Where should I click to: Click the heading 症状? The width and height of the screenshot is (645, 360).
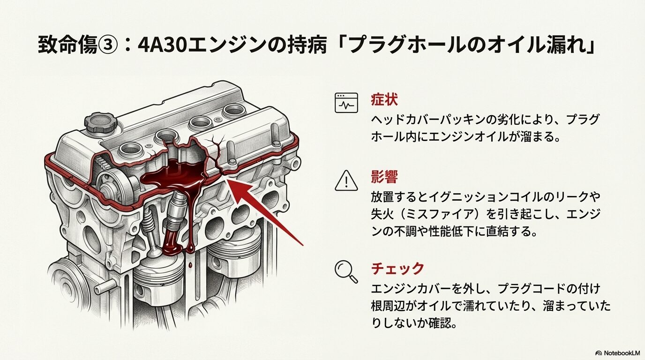click(384, 100)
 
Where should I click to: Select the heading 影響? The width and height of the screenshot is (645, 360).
click(384, 178)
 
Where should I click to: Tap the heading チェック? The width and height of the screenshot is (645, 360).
click(397, 268)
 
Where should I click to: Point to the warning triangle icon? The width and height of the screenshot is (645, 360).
click(346, 180)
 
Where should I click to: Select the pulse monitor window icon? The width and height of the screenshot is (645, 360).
click(346, 103)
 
